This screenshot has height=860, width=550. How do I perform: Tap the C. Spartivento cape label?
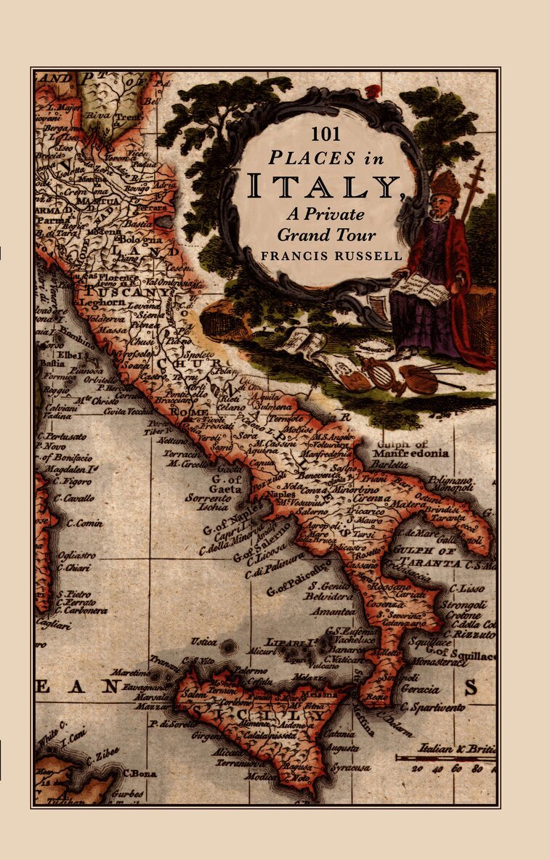(435, 706)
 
